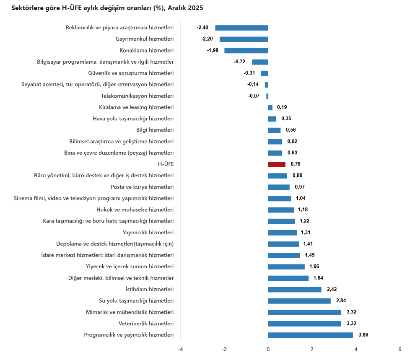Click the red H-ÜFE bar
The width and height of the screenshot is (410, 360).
pos(277,164)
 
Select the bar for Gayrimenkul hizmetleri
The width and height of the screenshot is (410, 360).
pos(244,39)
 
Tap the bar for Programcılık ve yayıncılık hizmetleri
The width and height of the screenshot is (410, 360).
pos(310,335)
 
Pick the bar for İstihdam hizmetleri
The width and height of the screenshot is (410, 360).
pos(295,289)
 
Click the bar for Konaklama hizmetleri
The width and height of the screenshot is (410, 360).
pos(246,50)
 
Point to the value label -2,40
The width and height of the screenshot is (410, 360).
pos(202,28)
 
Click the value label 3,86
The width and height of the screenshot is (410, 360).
pos(363,335)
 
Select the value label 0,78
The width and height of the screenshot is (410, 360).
pos(296,164)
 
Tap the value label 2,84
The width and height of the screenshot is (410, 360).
pos(341,300)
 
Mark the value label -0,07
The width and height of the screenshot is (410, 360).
pos(254,96)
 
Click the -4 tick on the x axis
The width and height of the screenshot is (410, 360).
pos(180,350)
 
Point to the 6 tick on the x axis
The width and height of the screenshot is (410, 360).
pos(400,350)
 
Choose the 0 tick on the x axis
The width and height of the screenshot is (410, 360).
pos(268,350)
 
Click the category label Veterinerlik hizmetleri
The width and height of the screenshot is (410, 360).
pos(146,324)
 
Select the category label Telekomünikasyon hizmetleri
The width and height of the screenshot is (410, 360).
pos(137,96)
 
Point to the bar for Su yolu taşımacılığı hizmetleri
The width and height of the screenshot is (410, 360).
pos(299,300)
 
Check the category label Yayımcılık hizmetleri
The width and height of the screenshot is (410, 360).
pos(148,232)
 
